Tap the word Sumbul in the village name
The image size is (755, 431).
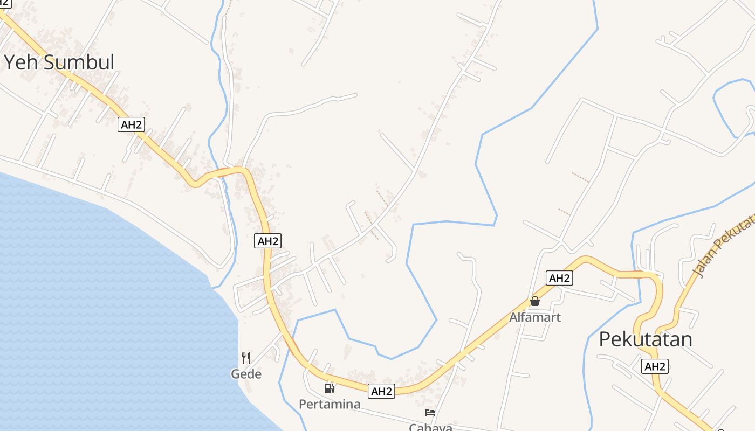[79, 62]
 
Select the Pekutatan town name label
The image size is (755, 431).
[646, 339]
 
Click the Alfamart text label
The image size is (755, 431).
[535, 317]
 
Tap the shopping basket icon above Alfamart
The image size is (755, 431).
[535, 301]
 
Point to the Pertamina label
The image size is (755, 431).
[330, 404]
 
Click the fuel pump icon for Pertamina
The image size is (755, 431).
[329, 388]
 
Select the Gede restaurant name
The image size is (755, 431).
[246, 374]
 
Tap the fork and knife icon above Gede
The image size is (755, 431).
[246, 358]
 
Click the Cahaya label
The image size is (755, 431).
[430, 427]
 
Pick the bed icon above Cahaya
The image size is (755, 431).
[430, 413]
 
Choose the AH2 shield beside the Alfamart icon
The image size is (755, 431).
[559, 278]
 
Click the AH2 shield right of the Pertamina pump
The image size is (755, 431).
[382, 392]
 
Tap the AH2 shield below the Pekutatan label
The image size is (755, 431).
[655, 366]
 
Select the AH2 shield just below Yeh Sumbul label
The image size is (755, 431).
[132, 124]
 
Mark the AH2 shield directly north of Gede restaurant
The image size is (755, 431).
[268, 241]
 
